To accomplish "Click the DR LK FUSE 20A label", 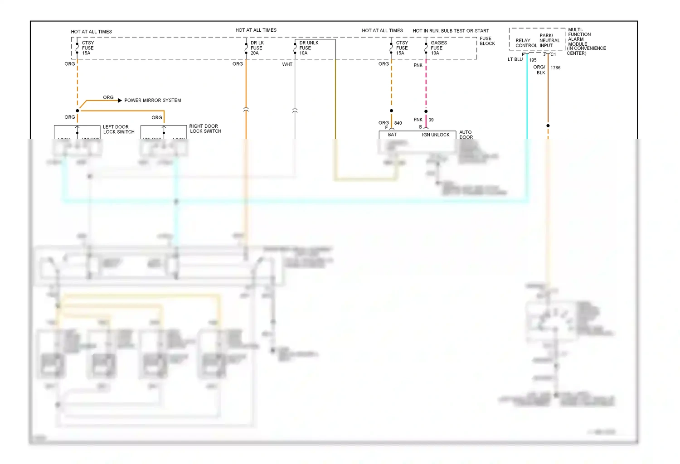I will [257, 48].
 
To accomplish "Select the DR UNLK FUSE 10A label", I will [308, 48].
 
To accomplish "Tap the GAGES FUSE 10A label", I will [438, 48].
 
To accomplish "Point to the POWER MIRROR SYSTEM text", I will [152, 101].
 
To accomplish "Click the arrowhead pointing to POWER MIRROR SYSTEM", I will [120, 100].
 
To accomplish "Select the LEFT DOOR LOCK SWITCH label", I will [118, 130].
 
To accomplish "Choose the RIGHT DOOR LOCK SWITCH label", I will [205, 129].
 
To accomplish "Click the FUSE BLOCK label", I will [487, 41].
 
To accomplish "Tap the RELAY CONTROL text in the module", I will [526, 43].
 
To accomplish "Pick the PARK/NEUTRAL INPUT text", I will [549, 41].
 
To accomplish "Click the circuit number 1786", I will [555, 68].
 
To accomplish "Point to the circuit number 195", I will [533, 60].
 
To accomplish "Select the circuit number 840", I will [398, 123].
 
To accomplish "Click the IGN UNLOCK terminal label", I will [436, 135].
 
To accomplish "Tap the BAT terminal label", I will [392, 135].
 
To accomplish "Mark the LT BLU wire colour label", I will [515, 59].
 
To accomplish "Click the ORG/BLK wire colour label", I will [539, 70].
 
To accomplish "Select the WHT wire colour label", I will [287, 64].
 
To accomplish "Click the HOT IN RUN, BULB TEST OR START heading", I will [451, 31].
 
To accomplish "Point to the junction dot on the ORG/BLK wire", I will [548, 126].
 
